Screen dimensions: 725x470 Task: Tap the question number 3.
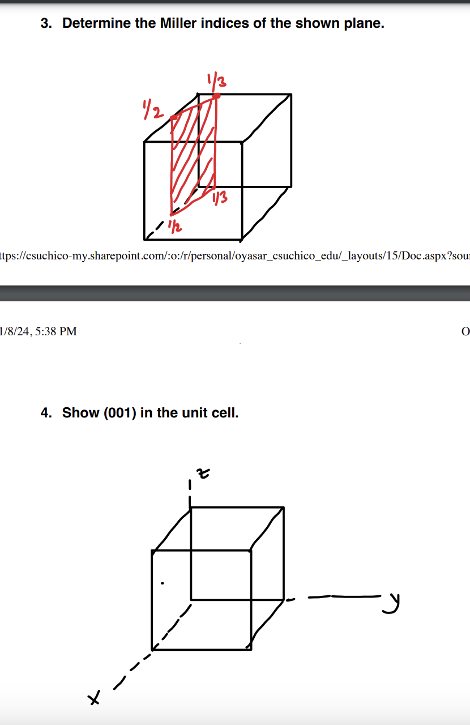tap(45, 24)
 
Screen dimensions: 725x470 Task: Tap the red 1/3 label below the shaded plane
tap(220, 197)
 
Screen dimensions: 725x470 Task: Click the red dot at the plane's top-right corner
tap(216, 96)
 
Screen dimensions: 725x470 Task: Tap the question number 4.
tap(45, 413)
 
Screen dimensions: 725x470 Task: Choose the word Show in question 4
tap(80, 413)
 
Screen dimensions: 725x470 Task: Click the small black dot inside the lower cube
tap(163, 582)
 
